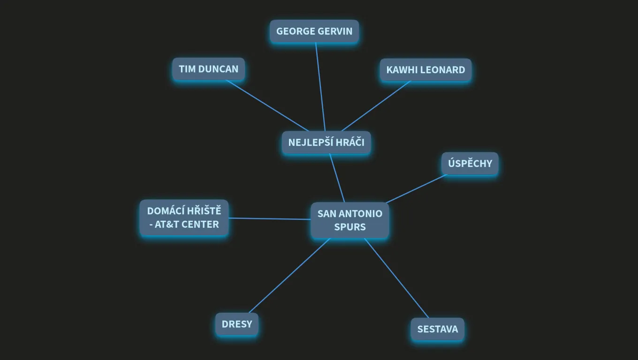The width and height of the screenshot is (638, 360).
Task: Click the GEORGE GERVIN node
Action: point(314,31)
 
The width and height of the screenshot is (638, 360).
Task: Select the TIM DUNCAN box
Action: point(208,69)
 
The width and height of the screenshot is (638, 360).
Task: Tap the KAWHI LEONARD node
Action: point(425,70)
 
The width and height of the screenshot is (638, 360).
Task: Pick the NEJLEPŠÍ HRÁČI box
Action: point(327,142)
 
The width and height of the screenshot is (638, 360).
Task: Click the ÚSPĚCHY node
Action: point(470,163)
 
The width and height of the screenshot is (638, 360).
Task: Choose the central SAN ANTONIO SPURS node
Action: point(350,220)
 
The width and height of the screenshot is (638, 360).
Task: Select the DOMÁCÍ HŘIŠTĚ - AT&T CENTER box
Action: point(184,217)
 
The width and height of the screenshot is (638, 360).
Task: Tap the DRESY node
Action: point(237,324)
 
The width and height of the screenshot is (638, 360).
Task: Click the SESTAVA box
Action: point(438,329)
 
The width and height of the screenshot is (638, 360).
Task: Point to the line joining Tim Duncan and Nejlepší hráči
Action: point(267,106)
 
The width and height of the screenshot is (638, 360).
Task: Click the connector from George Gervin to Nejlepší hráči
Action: point(320,87)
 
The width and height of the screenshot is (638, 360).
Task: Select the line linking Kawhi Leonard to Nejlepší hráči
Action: point(376,106)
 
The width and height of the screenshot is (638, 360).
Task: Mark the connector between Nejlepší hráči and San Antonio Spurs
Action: point(337,178)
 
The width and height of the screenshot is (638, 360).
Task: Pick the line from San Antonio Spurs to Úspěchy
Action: point(416,189)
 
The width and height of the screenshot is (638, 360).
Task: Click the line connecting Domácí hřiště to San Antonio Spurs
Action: point(269,219)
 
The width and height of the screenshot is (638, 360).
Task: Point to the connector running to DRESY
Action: point(289,276)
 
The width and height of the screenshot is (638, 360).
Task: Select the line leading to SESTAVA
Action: point(396,278)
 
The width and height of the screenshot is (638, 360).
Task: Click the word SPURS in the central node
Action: point(350,227)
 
